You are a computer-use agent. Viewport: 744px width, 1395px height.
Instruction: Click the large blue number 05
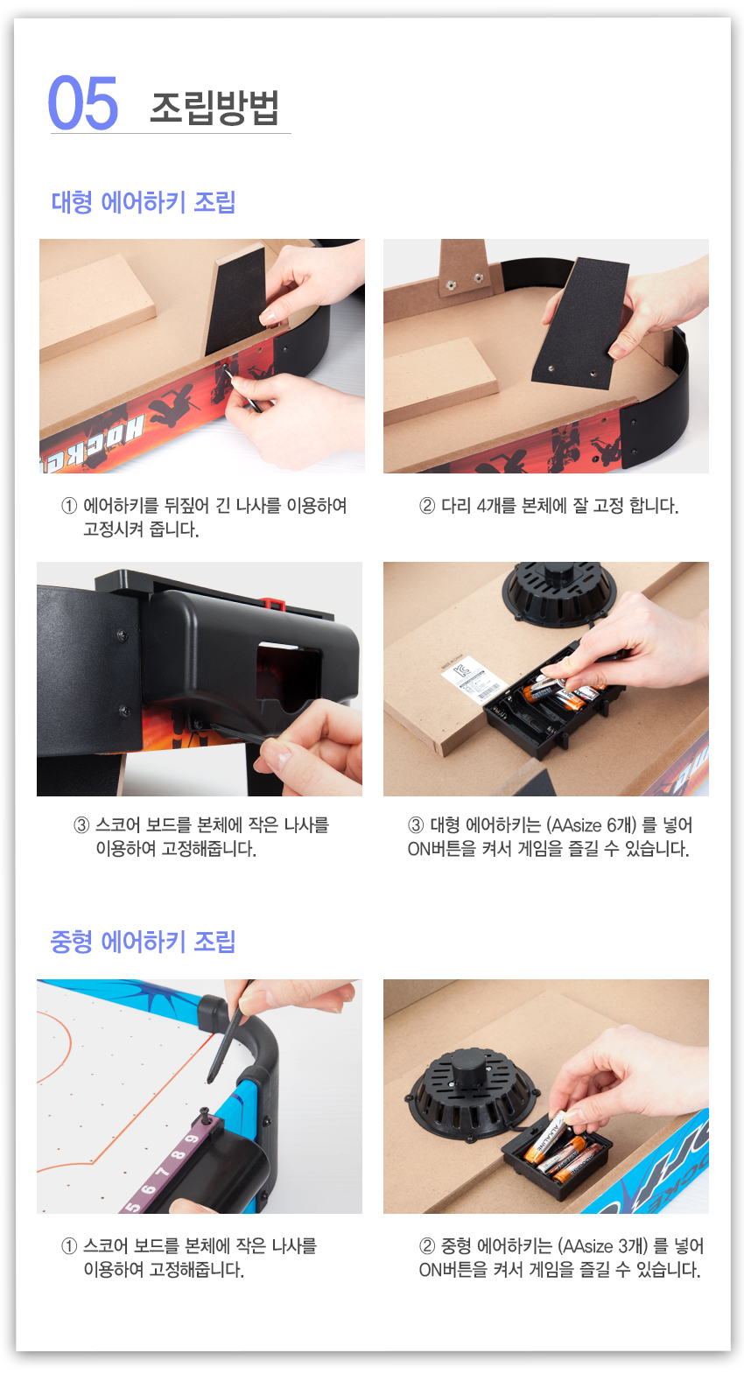tap(83, 102)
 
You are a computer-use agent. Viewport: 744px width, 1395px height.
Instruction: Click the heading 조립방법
tap(214, 108)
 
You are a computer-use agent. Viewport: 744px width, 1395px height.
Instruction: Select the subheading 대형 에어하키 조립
tap(144, 202)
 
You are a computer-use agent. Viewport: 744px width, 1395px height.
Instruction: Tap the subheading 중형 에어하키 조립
tap(144, 941)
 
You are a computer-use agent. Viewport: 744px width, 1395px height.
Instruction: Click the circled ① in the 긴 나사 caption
tap(69, 506)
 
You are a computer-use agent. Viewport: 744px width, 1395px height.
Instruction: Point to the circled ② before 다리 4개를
tap(427, 506)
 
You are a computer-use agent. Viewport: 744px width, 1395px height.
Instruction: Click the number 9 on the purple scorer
tap(193, 1139)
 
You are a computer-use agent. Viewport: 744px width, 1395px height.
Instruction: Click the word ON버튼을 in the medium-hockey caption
tap(453, 1270)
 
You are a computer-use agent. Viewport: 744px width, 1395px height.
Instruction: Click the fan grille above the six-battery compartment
tap(559, 592)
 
